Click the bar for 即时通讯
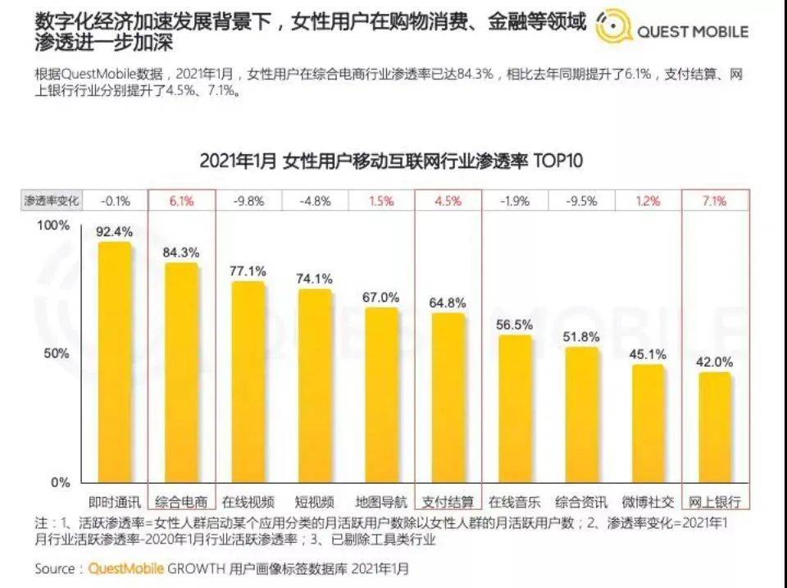pyautogui.click(x=115, y=362)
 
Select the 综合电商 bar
pyautogui.click(x=181, y=372)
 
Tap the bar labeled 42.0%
pyautogui.click(x=714, y=427)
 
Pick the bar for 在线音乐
pyautogui.click(x=515, y=408)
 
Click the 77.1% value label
pyautogui.click(x=248, y=271)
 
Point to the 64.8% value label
pyautogui.click(x=448, y=303)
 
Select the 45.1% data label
pyautogui.click(x=648, y=354)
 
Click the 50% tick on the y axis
pyautogui.click(x=57, y=353)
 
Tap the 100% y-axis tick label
pyautogui.click(x=53, y=225)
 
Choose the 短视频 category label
pyautogui.click(x=314, y=502)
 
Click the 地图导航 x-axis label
pyautogui.click(x=381, y=502)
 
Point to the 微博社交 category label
pyautogui.click(x=648, y=502)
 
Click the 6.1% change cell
pyautogui.click(x=181, y=202)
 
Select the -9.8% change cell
pyautogui.click(x=248, y=202)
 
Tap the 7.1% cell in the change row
pyautogui.click(x=714, y=202)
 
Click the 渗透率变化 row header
pyautogui.click(x=52, y=201)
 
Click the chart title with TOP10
pyautogui.click(x=391, y=162)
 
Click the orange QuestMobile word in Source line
pyautogui.click(x=126, y=569)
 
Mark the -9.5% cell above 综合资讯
pyautogui.click(x=581, y=202)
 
